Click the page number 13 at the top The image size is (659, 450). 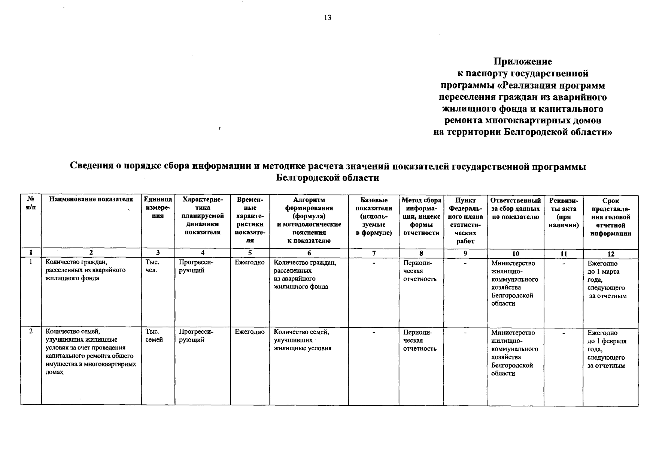click(328, 18)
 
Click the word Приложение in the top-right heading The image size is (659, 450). click(523, 61)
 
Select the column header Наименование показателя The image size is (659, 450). click(91, 200)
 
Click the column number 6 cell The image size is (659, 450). click(309, 253)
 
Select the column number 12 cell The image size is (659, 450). click(610, 254)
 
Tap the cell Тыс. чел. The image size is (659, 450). click(152, 267)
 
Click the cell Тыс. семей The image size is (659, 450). click(154, 336)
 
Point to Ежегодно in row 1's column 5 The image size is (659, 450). click(249, 263)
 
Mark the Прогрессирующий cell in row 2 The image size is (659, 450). click(196, 336)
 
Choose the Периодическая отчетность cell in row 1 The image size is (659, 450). click(420, 271)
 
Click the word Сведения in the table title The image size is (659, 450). click(92, 166)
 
